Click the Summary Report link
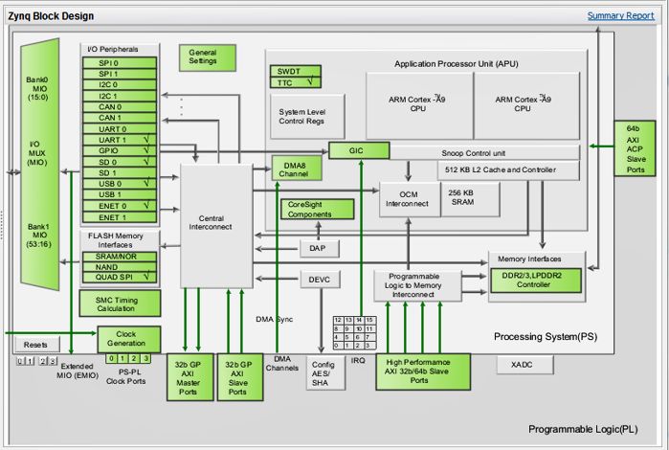coord(620,15)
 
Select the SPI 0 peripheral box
coord(120,63)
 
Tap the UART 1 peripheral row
coord(120,140)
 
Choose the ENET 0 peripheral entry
coord(120,206)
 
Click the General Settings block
coord(208,57)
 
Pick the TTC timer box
coord(295,82)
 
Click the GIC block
coord(359,150)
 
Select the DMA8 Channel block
coord(297,169)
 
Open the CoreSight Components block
coord(317,210)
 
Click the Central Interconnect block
coord(216,225)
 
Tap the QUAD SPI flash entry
coord(120,277)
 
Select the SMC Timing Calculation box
coord(120,304)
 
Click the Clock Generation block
coord(129,340)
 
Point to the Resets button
coord(35,345)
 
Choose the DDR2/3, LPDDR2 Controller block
coord(536,281)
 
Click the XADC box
coord(524,365)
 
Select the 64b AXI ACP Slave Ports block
coord(635,148)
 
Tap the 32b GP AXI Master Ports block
coord(190,377)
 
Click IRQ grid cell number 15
coord(370,320)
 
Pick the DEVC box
coord(320,280)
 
